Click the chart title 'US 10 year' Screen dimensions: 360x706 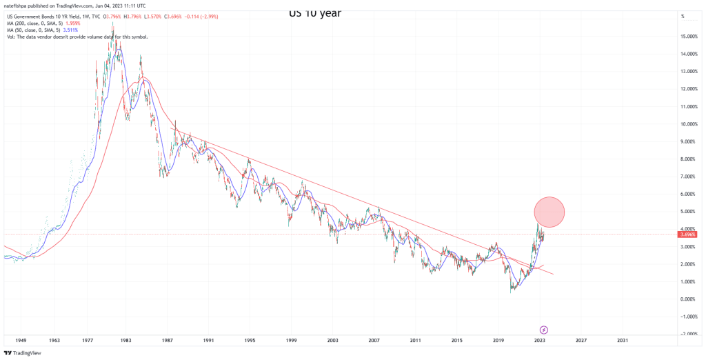pyautogui.click(x=314, y=12)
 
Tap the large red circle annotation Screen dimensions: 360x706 pyautogui.click(x=549, y=212)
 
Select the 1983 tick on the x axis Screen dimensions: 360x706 pyautogui.click(x=125, y=340)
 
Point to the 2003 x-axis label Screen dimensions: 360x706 pyautogui.click(x=333, y=340)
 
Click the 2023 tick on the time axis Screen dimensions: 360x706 pyautogui.click(x=540, y=340)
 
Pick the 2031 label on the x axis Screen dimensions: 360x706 pyautogui.click(x=623, y=340)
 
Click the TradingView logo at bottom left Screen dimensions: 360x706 pyautogui.click(x=24, y=353)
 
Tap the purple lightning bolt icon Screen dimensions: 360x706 pyautogui.click(x=543, y=330)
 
